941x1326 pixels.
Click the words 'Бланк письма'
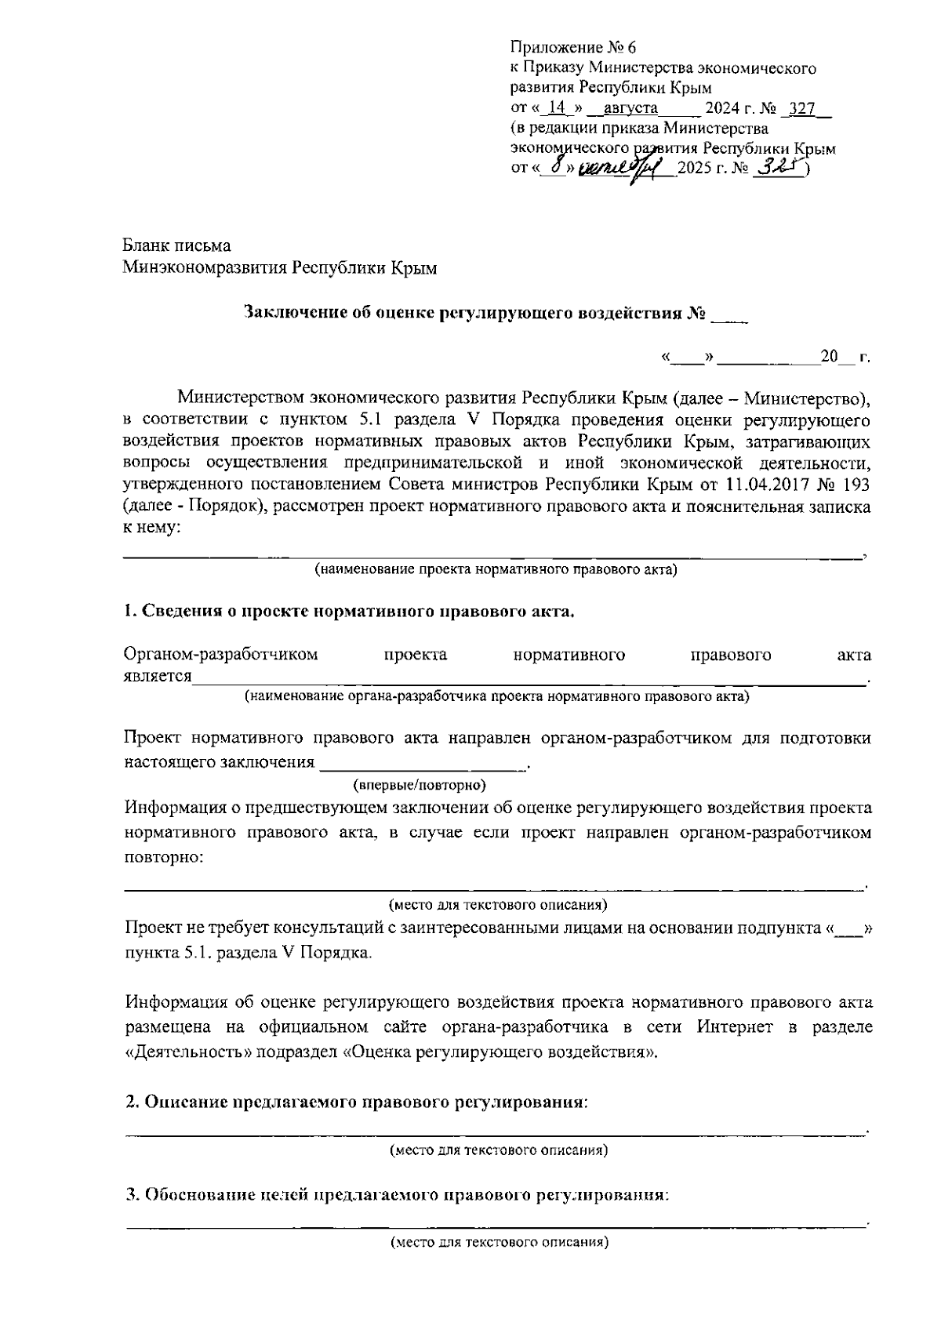point(176,246)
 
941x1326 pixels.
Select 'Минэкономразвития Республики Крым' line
point(280,268)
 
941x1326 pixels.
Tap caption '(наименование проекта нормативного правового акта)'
point(496,570)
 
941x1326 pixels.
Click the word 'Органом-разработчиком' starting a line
point(221,655)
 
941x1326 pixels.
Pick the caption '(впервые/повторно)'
point(420,784)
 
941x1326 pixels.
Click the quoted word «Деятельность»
point(194,1052)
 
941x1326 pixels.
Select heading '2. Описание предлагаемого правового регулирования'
point(357,1102)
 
